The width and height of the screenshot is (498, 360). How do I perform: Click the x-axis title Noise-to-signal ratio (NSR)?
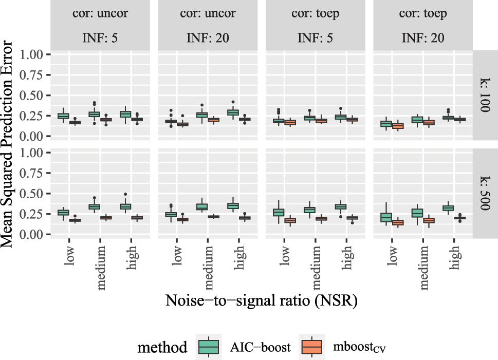pos(261,301)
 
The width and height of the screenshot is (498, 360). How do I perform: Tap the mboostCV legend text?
pos(358,348)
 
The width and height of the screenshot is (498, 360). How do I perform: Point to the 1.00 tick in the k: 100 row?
pos(34,54)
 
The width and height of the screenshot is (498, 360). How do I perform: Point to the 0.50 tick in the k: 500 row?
pos(34,194)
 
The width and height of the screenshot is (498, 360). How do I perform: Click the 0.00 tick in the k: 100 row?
pos(34,136)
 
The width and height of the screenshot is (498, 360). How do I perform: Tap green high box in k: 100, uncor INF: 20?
pos(233,112)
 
